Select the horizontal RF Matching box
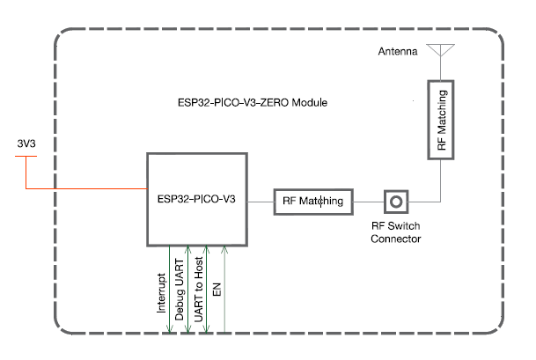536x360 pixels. click(315, 201)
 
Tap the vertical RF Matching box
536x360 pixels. click(442, 121)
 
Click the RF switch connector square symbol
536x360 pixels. click(396, 201)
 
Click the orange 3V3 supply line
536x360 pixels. click(88, 188)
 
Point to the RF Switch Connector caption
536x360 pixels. click(396, 232)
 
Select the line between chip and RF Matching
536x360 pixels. click(261, 201)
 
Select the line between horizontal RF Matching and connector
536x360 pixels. click(369, 201)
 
